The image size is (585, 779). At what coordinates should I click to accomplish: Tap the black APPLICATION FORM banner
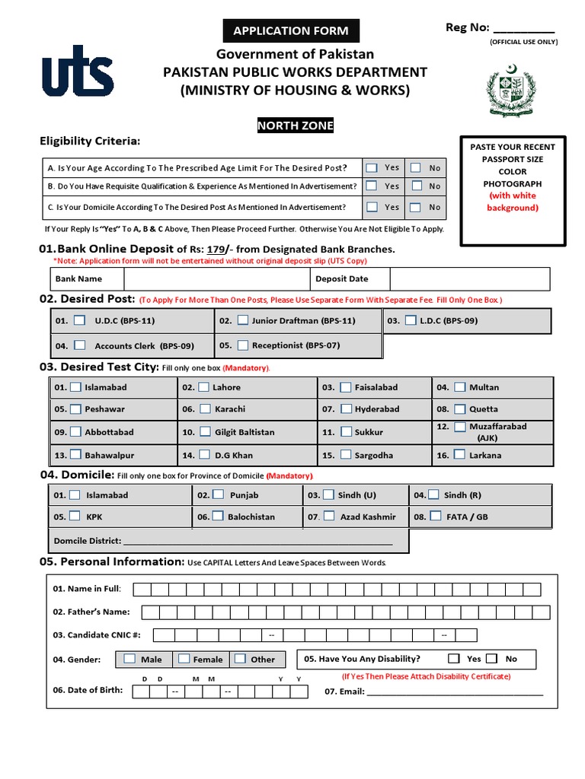point(290,31)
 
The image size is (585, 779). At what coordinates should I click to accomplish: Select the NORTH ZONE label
point(294,126)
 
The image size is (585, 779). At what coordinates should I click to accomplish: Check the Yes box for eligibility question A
point(371,167)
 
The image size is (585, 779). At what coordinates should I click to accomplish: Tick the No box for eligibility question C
point(415,207)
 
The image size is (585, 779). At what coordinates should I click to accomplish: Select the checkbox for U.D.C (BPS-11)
point(80,320)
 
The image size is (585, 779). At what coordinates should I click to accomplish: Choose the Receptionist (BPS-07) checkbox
point(242,345)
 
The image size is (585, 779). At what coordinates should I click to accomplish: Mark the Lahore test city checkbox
point(203,387)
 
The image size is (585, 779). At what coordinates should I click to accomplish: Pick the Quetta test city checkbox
point(459,409)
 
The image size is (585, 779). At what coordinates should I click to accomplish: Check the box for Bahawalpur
point(75,455)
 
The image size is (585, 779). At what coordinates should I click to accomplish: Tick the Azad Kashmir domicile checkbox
point(328,516)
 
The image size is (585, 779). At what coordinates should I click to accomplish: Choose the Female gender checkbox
point(184,659)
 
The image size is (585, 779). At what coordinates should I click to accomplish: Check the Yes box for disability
point(454,659)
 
